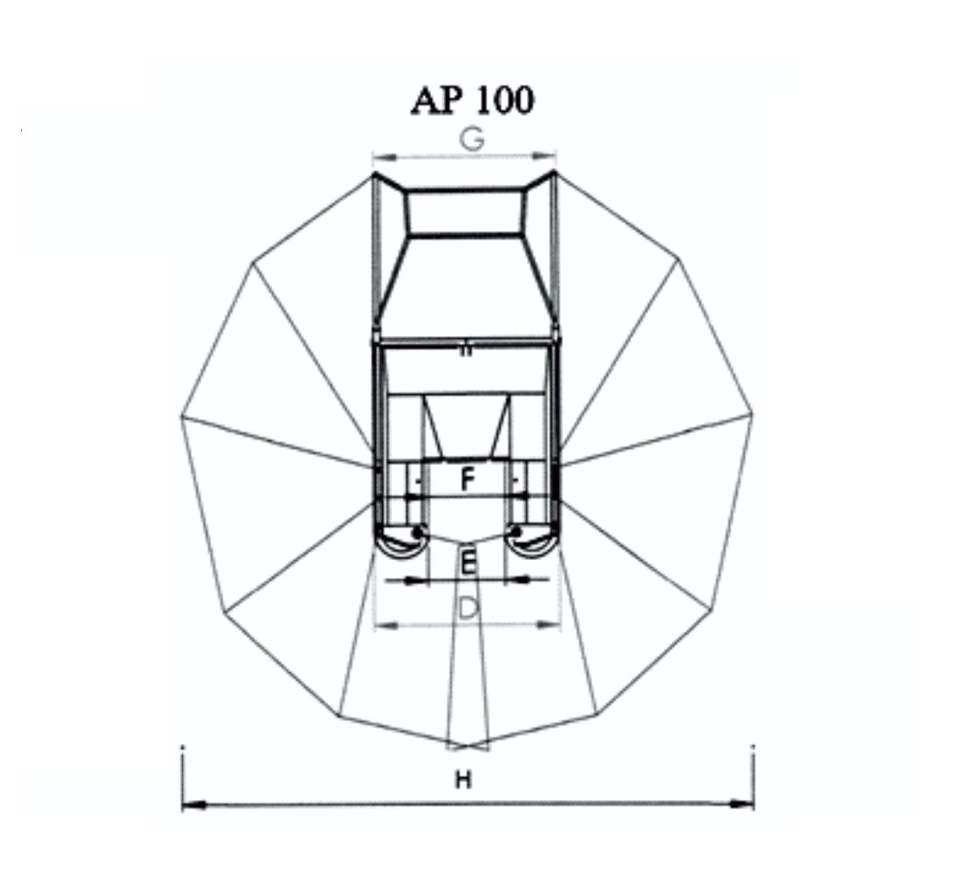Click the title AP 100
click(473, 101)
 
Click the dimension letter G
click(472, 140)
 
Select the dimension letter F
click(467, 480)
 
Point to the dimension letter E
click(468, 563)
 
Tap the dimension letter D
click(468, 609)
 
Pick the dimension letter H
click(464, 780)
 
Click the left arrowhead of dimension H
click(193, 805)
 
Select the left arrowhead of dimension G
click(384, 157)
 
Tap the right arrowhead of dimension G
click(545, 156)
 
